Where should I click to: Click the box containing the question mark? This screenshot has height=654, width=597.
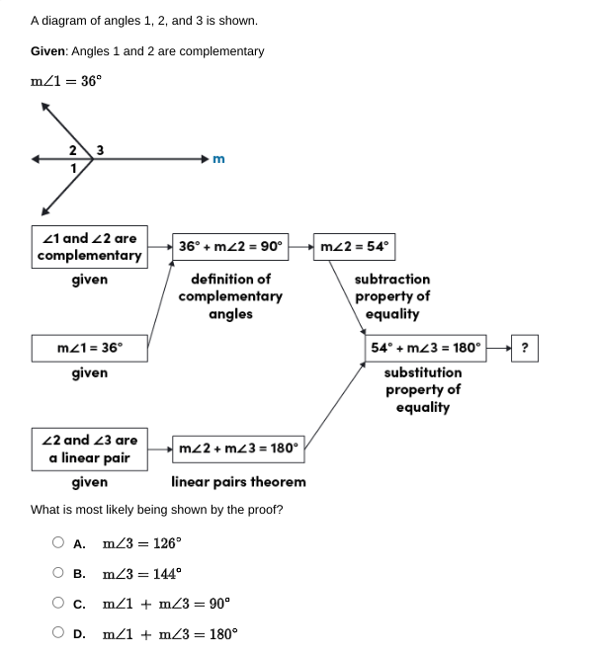click(x=524, y=348)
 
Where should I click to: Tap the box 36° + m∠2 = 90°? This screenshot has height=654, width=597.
click(x=230, y=246)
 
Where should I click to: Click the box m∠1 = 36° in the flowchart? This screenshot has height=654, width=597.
click(x=90, y=348)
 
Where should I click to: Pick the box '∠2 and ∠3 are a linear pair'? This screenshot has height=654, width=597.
click(x=90, y=450)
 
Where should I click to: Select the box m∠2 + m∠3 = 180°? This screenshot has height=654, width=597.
click(x=237, y=448)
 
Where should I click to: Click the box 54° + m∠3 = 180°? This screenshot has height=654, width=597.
click(x=426, y=348)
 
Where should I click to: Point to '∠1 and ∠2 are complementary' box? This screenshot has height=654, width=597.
click(x=90, y=247)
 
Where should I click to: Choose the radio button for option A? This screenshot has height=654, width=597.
click(x=59, y=542)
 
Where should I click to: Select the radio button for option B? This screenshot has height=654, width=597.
click(x=59, y=573)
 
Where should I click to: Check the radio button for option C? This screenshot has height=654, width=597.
click(x=59, y=604)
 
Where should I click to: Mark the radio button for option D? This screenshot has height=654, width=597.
click(x=59, y=634)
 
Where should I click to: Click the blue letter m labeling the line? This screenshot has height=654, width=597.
click(x=218, y=158)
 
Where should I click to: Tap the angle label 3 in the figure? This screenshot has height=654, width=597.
click(x=101, y=150)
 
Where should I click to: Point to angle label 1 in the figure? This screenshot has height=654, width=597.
click(x=72, y=169)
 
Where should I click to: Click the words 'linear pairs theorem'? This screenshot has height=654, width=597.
click(x=238, y=482)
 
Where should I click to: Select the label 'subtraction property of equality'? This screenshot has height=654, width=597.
click(x=392, y=296)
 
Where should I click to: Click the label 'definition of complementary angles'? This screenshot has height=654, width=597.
click(x=230, y=296)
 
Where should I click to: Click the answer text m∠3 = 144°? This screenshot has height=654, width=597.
click(x=141, y=574)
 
